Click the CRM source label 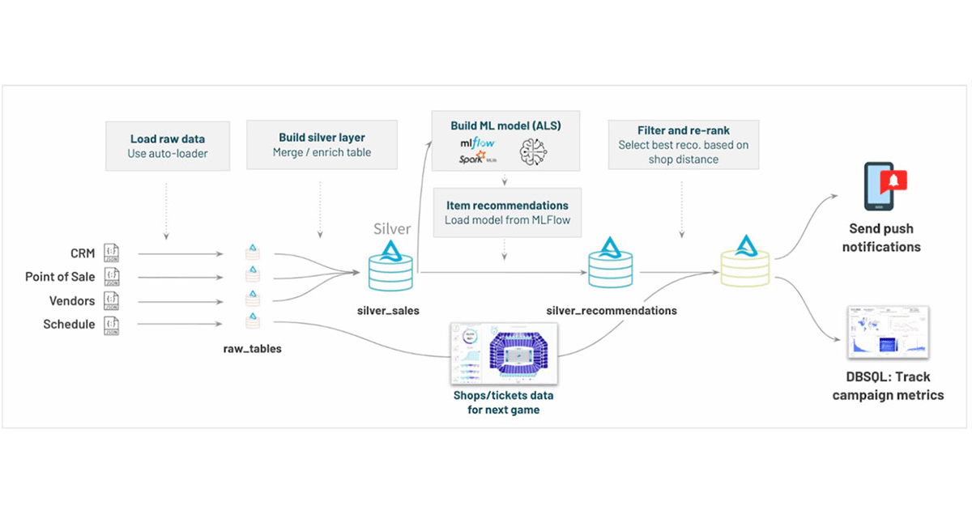tap(82, 253)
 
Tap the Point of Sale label tap(60, 277)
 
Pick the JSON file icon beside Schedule tap(113, 325)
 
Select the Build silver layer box tap(322, 146)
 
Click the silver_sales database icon tap(391, 269)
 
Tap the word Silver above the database tap(391, 229)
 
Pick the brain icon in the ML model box tap(534, 147)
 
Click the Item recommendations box tap(506, 213)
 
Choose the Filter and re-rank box tap(684, 145)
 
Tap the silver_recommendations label tap(612, 310)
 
